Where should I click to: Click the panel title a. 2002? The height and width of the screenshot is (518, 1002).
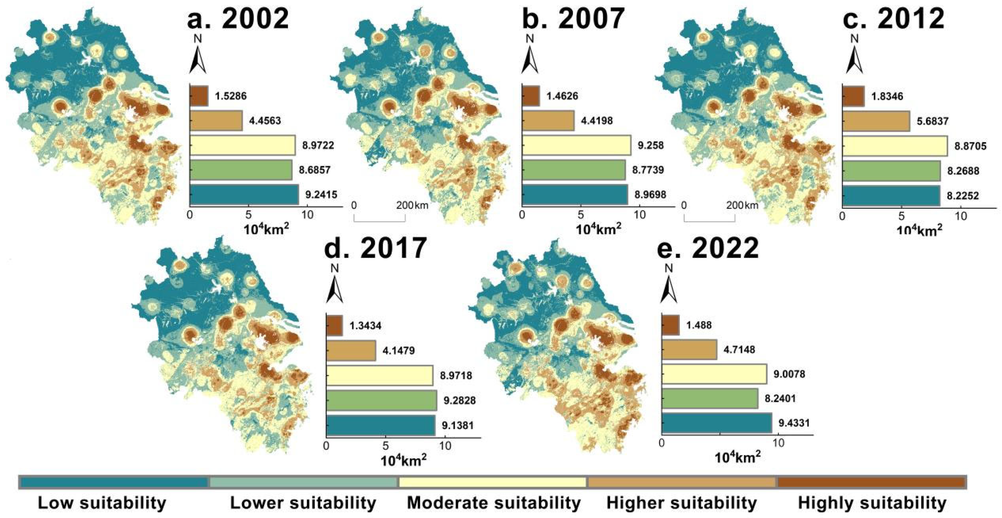[x=238, y=18]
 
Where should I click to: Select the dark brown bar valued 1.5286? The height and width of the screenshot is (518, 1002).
[x=199, y=96]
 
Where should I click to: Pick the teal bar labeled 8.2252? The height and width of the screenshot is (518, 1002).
[x=891, y=196]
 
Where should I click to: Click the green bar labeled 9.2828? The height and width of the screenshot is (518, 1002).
[x=381, y=401]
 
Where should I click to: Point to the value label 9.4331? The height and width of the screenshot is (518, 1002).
[x=794, y=423]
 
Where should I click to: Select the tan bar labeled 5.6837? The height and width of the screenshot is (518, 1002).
[x=876, y=121]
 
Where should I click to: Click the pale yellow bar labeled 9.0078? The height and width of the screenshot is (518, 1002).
[x=714, y=374]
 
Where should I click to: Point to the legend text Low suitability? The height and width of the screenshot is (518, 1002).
[x=102, y=503]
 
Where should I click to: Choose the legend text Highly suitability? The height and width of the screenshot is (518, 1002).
[x=872, y=503]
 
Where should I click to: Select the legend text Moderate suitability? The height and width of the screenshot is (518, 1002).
[x=494, y=503]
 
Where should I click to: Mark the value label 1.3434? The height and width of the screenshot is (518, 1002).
[x=365, y=326]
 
